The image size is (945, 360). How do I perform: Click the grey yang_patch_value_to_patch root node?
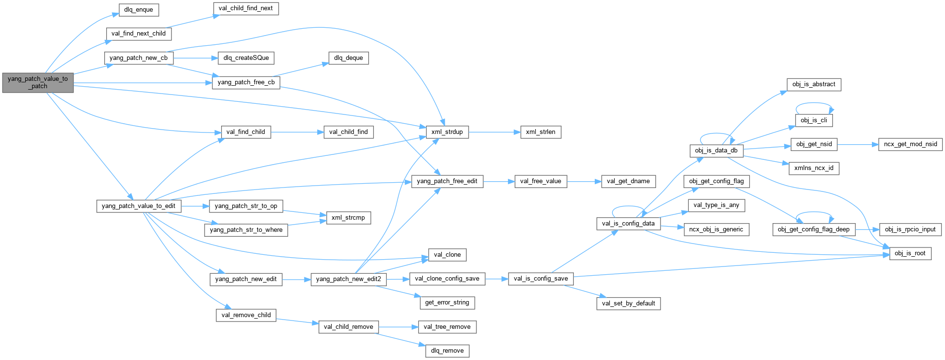(38, 82)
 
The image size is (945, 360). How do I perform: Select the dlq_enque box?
(139, 10)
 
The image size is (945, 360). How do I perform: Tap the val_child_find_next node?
(246, 8)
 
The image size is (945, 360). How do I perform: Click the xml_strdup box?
(447, 132)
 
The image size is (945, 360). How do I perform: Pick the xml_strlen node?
(541, 132)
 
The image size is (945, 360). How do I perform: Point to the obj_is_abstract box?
(813, 84)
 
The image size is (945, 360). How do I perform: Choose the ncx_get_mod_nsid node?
(910, 144)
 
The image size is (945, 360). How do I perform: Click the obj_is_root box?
(910, 253)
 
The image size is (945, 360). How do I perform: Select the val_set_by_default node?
(628, 303)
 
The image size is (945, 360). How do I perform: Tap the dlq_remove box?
(447, 351)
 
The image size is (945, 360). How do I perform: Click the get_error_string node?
(447, 303)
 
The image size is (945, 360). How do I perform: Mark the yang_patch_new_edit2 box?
(349, 279)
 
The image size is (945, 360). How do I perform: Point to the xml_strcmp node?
(348, 218)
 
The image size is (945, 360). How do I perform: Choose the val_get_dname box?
(628, 181)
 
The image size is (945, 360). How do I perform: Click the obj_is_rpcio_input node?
(910, 229)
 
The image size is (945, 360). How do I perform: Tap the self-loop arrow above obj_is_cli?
(814, 103)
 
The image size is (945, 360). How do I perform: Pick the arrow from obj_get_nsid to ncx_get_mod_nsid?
(857, 144)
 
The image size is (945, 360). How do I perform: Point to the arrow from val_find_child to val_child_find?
(297, 132)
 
